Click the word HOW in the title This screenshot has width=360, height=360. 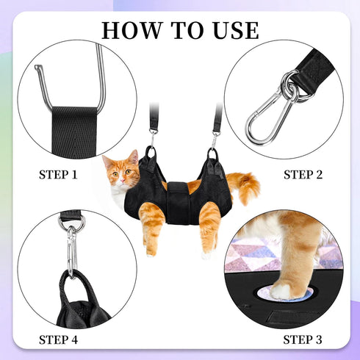[130, 30]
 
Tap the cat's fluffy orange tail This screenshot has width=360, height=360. [245, 186]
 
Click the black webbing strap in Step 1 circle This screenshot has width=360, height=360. [77, 129]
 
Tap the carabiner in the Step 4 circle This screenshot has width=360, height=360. [71, 250]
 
